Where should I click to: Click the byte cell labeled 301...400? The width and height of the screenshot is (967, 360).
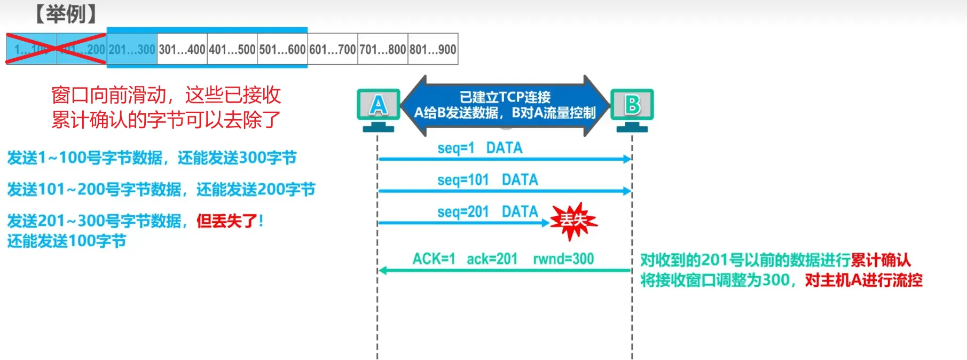click(x=182, y=50)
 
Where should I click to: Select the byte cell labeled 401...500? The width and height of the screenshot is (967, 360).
click(x=232, y=50)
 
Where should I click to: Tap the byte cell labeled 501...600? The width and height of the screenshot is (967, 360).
click(x=282, y=50)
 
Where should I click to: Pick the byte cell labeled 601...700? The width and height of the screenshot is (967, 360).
click(x=333, y=50)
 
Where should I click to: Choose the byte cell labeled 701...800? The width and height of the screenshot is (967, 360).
click(x=383, y=50)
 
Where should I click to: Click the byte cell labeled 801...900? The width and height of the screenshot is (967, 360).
click(x=433, y=50)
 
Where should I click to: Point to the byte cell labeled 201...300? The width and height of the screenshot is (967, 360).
click(x=132, y=50)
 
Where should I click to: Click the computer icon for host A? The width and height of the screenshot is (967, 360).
click(x=379, y=109)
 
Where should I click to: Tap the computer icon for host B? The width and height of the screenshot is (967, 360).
click(x=632, y=109)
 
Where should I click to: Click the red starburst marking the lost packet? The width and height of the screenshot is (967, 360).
click(x=573, y=220)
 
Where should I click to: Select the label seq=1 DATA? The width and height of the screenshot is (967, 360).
click(x=480, y=148)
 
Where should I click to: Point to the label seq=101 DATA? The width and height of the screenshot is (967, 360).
click(x=488, y=180)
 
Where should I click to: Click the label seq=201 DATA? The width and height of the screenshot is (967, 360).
click(x=488, y=212)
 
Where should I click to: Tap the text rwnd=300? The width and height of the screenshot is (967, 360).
click(x=563, y=259)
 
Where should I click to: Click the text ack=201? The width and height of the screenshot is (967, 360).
click(x=492, y=259)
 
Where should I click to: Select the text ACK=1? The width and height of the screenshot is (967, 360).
click(x=434, y=259)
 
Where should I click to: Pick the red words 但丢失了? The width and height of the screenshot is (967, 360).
click(x=227, y=221)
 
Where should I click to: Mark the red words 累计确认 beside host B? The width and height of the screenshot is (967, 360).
click(x=880, y=260)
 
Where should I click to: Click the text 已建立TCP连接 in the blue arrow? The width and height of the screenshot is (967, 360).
click(x=505, y=97)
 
